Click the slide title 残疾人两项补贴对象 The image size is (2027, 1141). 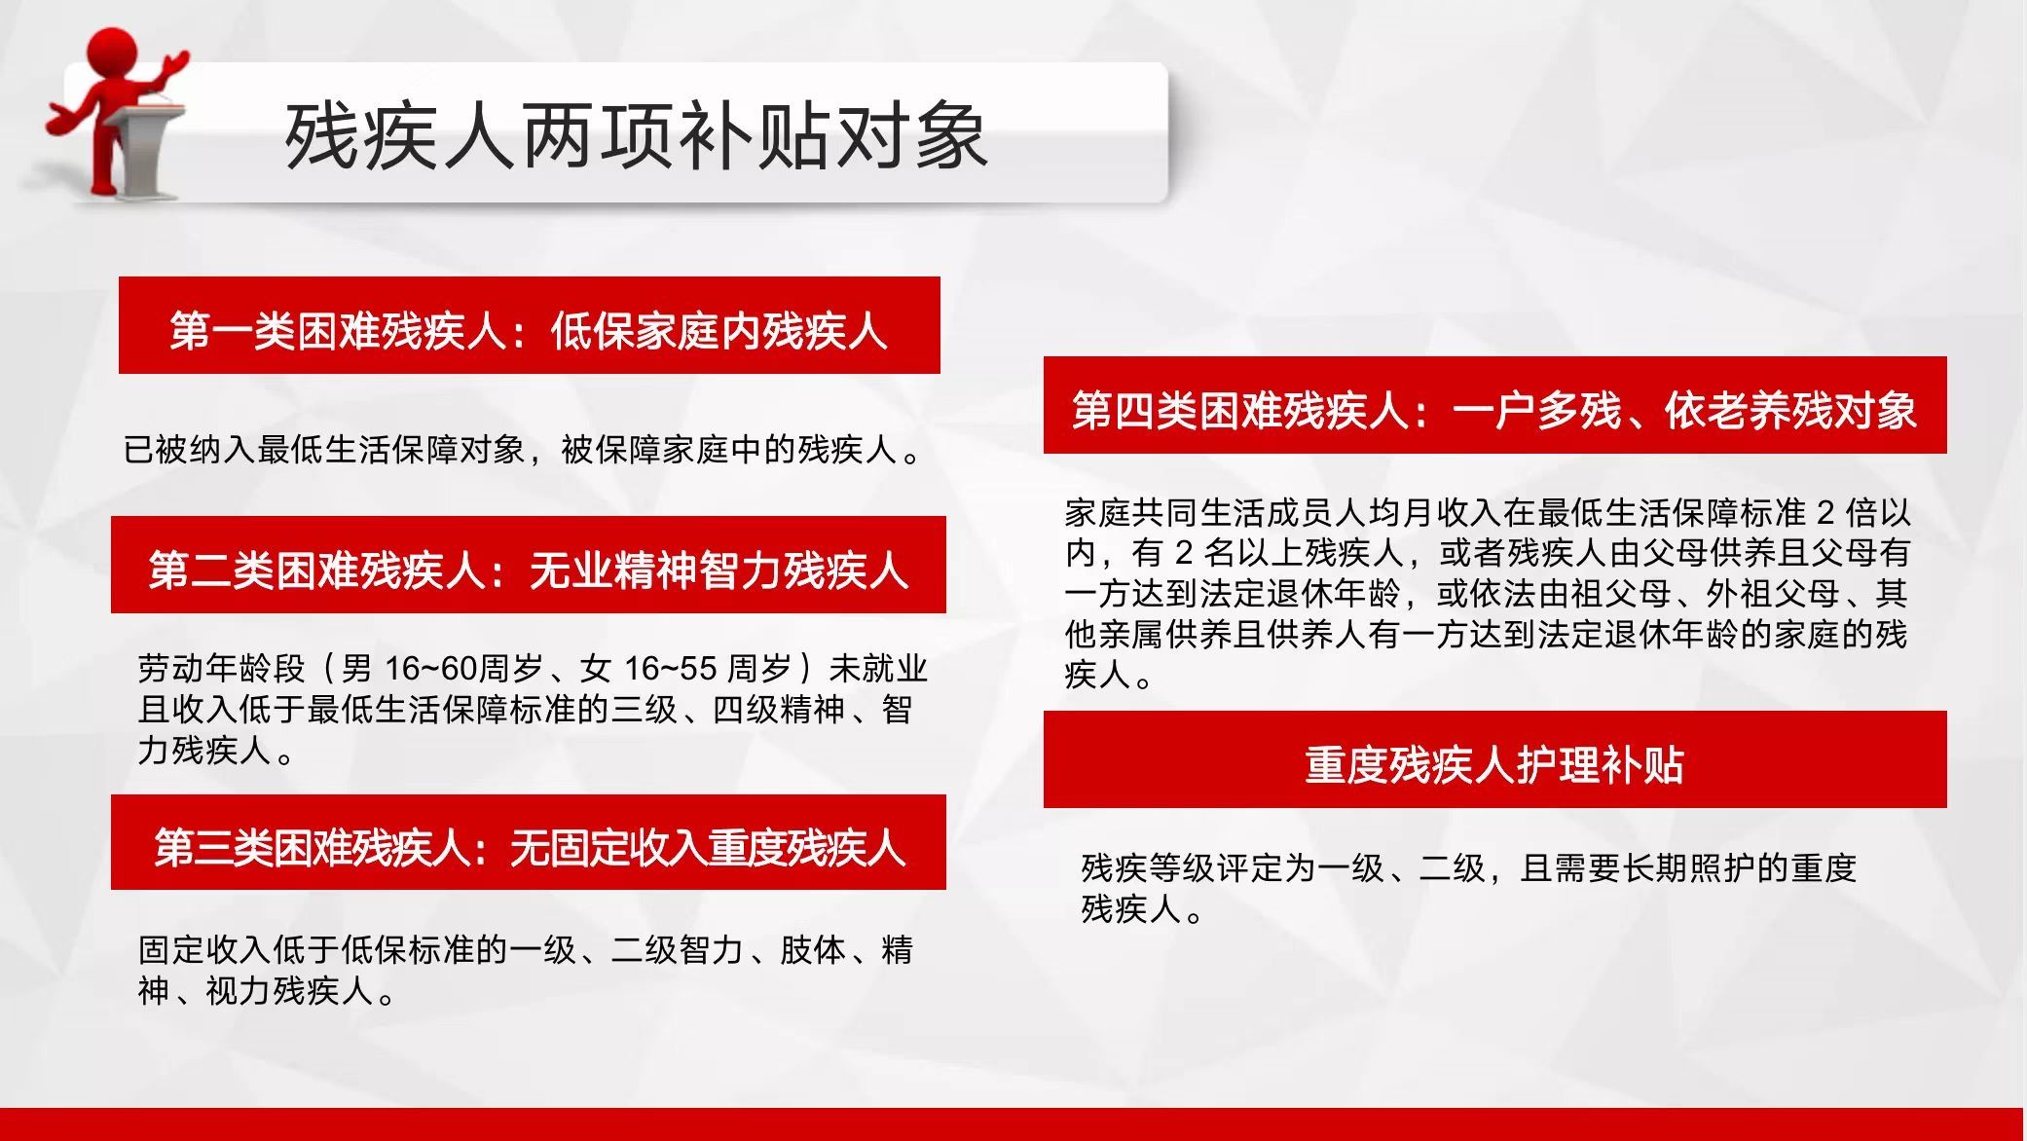click(x=636, y=136)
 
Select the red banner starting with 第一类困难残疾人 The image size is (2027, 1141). click(x=529, y=325)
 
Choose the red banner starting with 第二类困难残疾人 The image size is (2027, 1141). click(x=529, y=565)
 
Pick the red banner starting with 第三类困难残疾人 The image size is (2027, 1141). click(x=529, y=842)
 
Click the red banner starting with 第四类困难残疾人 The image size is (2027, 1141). click(x=1494, y=405)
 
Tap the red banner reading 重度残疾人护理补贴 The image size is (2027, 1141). click(x=1494, y=759)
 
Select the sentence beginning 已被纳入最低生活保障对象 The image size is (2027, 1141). click(x=523, y=450)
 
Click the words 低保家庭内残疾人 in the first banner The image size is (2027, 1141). click(x=719, y=331)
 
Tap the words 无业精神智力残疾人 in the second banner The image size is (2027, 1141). click(x=719, y=570)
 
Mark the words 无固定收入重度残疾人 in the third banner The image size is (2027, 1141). click(x=708, y=848)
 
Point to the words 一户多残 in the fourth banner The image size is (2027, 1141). click(x=1535, y=411)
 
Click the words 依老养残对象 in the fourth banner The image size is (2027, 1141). click(x=1790, y=411)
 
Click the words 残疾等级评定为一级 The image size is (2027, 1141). click(x=1233, y=867)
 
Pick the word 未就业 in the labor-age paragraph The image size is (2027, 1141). click(x=878, y=669)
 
